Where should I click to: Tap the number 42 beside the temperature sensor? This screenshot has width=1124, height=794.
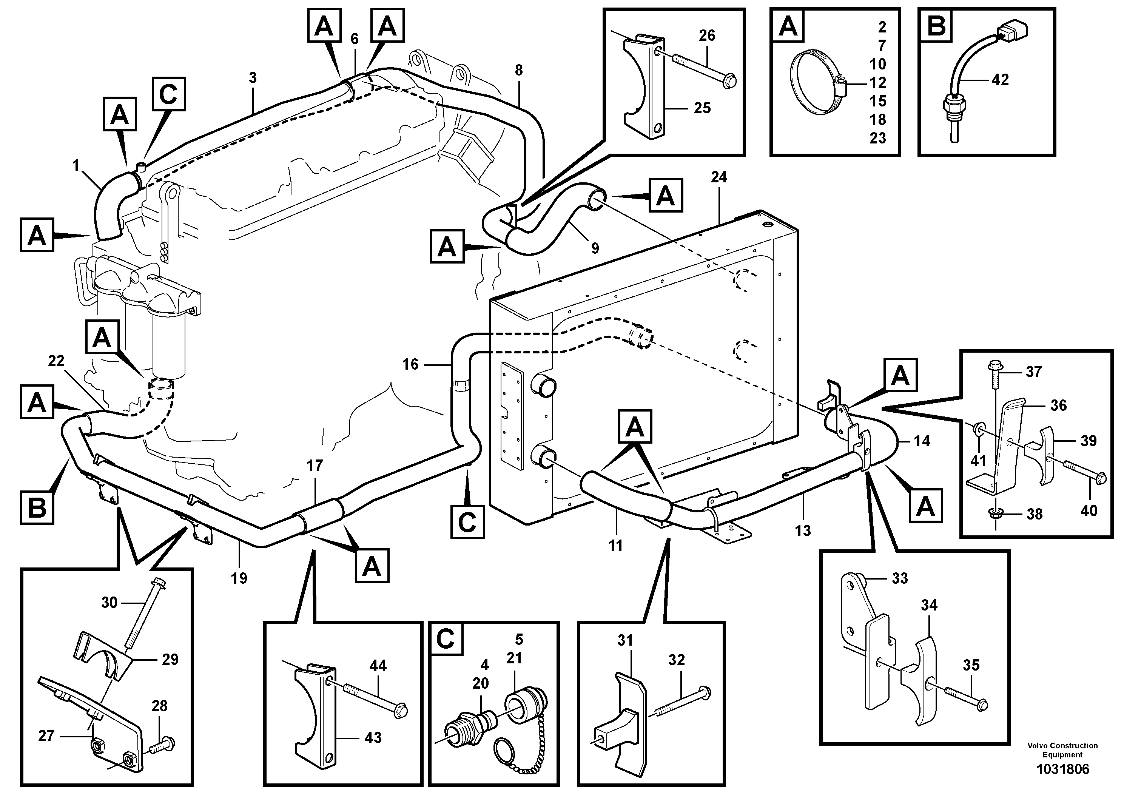(x=1000, y=80)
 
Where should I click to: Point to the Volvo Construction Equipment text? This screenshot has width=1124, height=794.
(x=1062, y=750)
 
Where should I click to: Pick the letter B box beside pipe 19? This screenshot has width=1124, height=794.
(x=37, y=508)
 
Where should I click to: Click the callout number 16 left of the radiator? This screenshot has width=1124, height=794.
(x=411, y=364)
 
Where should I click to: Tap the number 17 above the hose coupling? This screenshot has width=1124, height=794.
(x=315, y=466)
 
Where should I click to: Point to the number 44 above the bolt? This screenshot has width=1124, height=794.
(x=378, y=665)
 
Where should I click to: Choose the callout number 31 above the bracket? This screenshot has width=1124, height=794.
(x=625, y=640)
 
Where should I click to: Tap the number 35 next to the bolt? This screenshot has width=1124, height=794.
(x=971, y=665)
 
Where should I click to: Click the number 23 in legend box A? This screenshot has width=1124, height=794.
(x=878, y=138)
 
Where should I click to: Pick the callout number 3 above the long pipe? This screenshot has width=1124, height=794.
(x=253, y=78)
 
